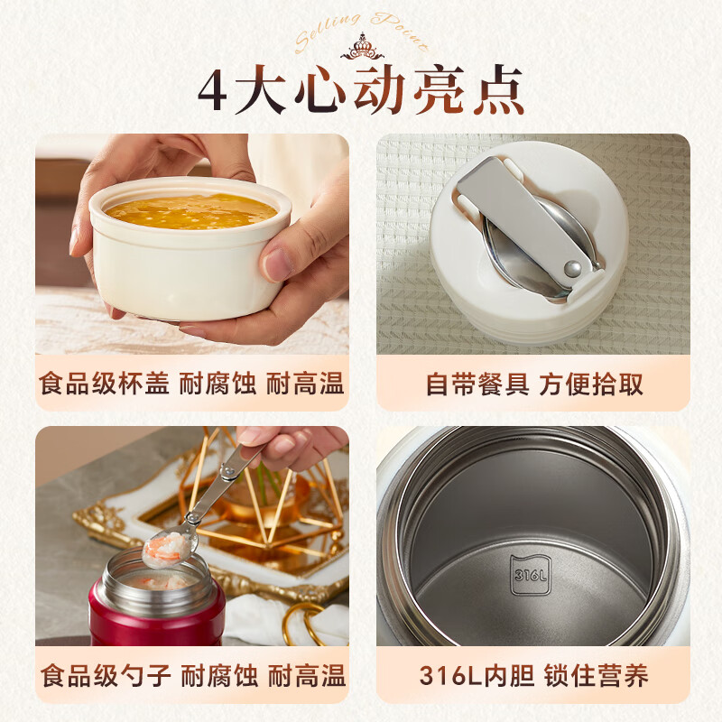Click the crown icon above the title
(x=361, y=45)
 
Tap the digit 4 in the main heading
(x=212, y=92)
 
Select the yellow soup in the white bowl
(x=190, y=210)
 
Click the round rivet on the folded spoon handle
(x=571, y=268)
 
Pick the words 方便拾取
(x=592, y=384)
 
